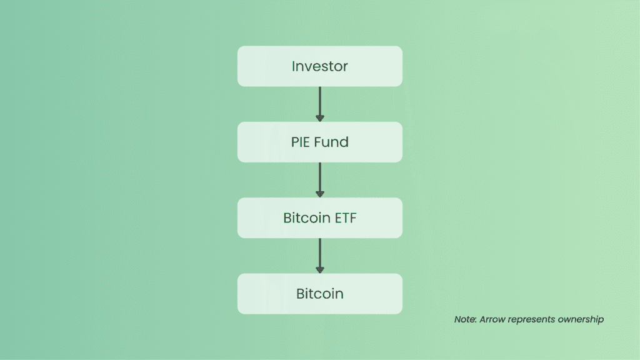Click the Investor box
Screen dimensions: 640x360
319,66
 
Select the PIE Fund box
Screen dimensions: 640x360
319,142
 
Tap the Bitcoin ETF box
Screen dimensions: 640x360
319,218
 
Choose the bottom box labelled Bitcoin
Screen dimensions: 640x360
319,294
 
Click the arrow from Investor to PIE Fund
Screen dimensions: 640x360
319,104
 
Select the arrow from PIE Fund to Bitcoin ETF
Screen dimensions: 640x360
319,180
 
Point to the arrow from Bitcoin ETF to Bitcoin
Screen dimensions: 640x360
319,256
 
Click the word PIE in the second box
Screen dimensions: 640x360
300,142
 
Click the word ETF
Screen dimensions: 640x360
346,218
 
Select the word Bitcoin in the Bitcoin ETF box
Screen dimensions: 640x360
307,218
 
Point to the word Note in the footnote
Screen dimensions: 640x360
465,319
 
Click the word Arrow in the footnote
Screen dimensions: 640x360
492,319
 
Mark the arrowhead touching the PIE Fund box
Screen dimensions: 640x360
319,118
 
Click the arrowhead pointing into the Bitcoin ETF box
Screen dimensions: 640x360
319,194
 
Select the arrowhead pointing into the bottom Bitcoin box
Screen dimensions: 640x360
319,270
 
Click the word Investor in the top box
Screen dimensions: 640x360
319,66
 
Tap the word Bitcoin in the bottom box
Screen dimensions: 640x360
319,294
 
